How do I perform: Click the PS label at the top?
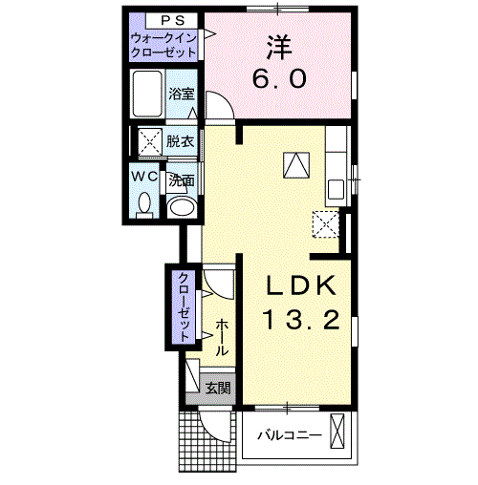tap(165, 20)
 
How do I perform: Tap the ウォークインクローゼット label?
tap(165, 44)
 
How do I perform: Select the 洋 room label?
tap(278, 45)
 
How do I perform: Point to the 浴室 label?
tap(181, 94)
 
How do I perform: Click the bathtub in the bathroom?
tap(149, 95)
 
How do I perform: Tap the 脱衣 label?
tap(180, 141)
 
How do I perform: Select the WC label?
tap(144, 177)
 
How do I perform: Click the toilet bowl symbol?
tap(144, 204)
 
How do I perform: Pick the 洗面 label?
tap(181, 179)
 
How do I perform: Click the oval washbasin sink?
tap(180, 206)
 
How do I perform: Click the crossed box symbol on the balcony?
tap(337, 432)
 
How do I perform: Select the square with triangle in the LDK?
tap(296, 164)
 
